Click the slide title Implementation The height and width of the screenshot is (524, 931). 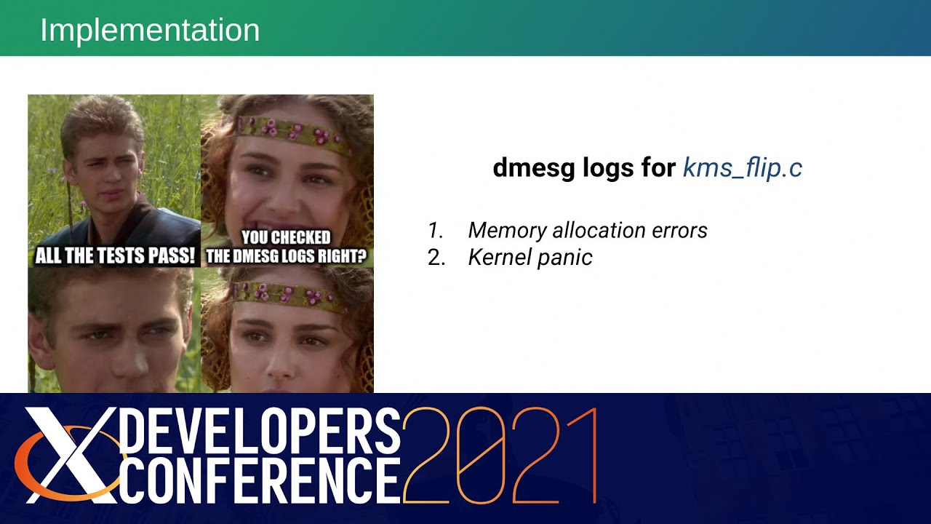pyautogui.click(x=150, y=31)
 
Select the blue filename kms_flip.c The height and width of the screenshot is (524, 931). pyautogui.click(x=742, y=168)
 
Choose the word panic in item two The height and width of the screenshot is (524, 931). pyautogui.click(x=565, y=258)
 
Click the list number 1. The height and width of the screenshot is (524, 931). pyautogui.click(x=435, y=231)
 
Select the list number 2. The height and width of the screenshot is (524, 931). pyautogui.click(x=436, y=258)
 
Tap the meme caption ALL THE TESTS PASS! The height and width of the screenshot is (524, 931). pyautogui.click(x=115, y=256)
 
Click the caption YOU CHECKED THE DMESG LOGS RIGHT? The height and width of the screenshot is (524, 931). pyautogui.click(x=286, y=247)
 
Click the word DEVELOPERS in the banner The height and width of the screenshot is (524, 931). pyautogui.click(x=259, y=431)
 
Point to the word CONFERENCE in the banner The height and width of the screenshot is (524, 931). pyautogui.click(x=259, y=480)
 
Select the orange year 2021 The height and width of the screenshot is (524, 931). pyautogui.click(x=500, y=455)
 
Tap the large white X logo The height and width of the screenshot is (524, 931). pyautogui.click(x=69, y=455)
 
